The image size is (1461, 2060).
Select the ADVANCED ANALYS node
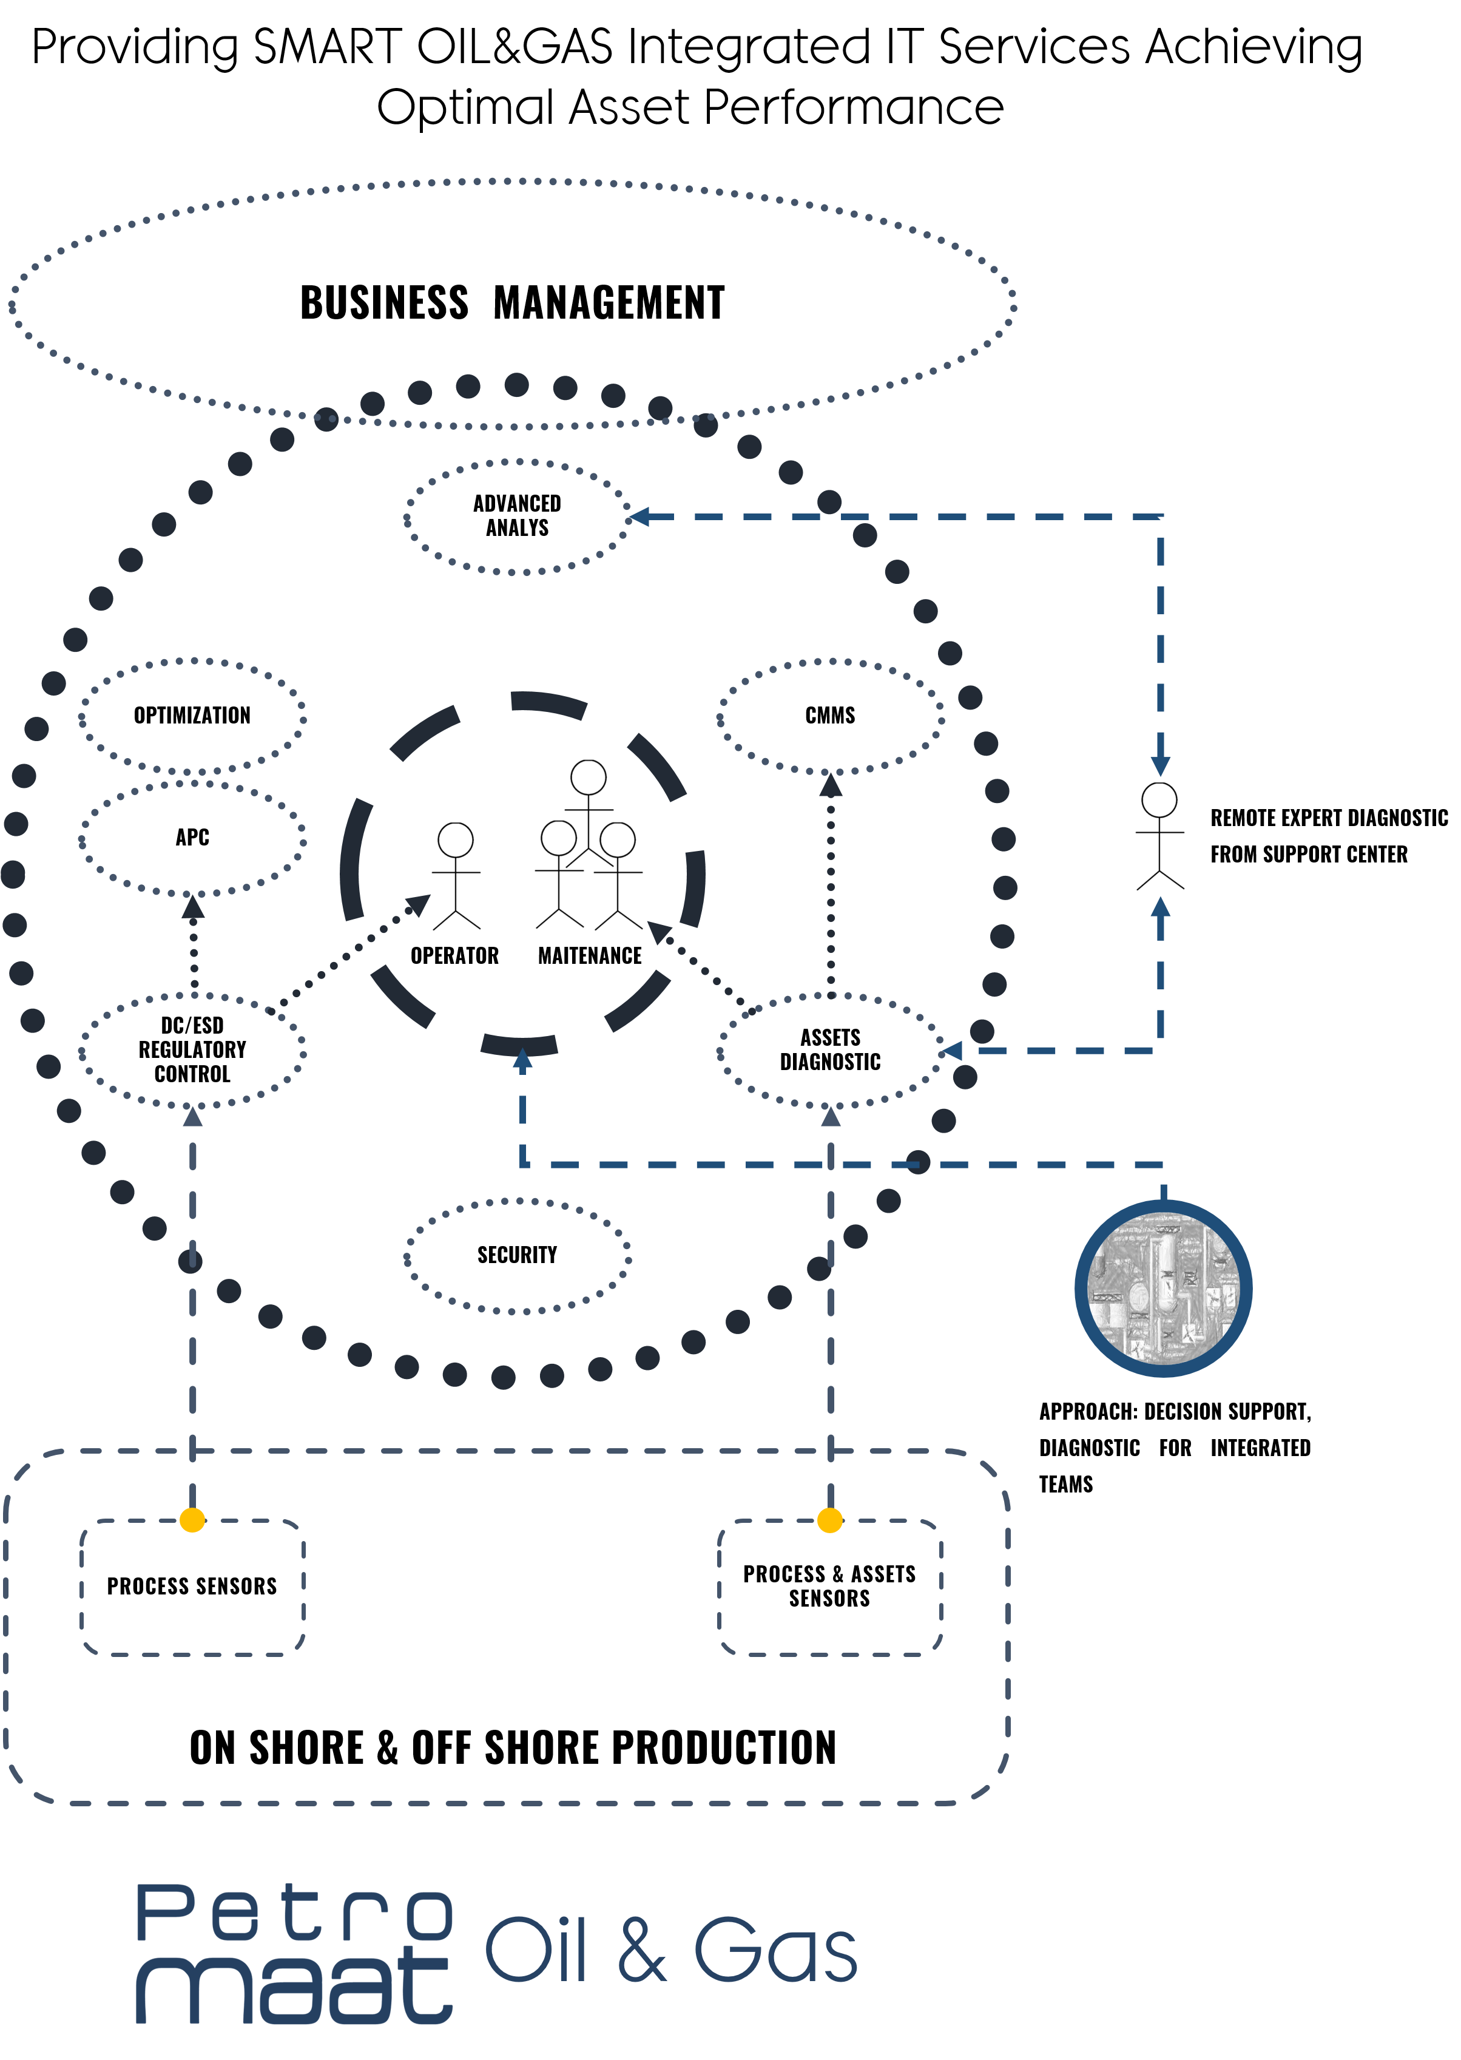518,517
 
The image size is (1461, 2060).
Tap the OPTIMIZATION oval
192,716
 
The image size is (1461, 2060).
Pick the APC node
192,838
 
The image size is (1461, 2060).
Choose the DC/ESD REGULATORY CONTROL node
192,1050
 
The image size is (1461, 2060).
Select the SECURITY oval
518,1255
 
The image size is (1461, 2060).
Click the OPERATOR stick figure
456,876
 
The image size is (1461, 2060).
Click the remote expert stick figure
1159,836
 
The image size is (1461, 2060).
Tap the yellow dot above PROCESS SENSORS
192,1520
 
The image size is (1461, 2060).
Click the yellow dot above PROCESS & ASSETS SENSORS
829,1520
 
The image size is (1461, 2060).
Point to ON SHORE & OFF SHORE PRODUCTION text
513,1747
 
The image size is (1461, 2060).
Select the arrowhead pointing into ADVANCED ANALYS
639,517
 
